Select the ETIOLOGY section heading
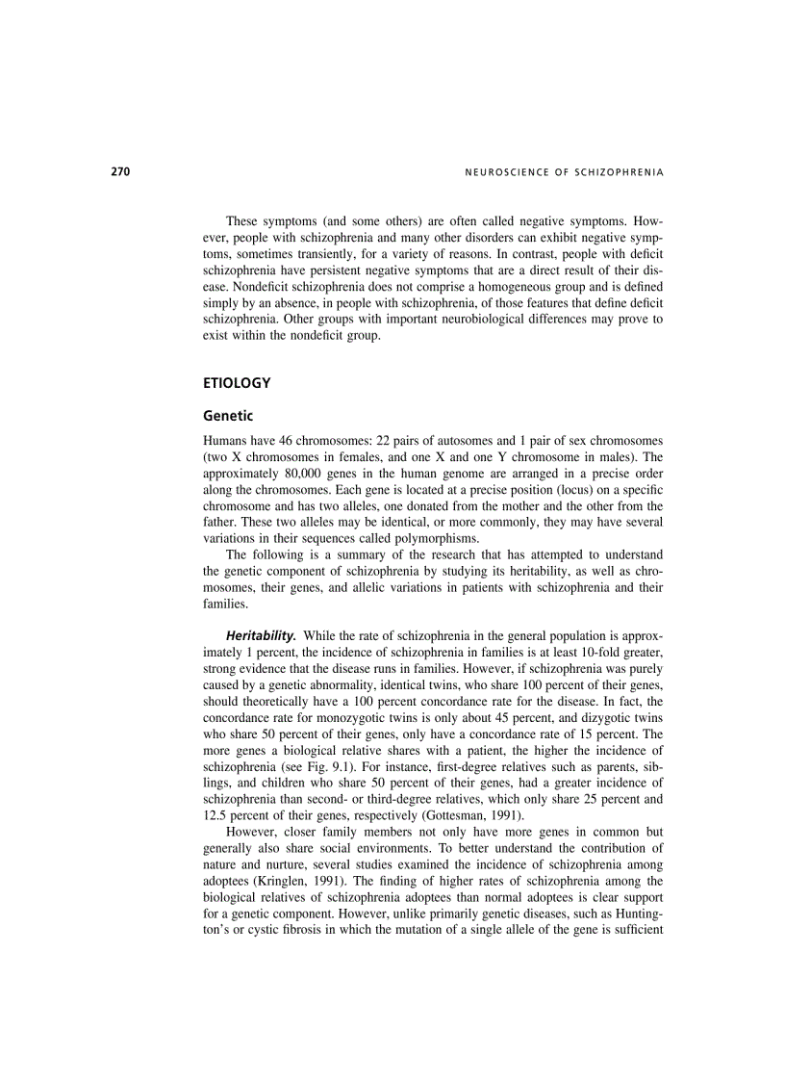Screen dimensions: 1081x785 pyautogui.click(x=237, y=383)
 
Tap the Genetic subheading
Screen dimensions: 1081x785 pyautogui.click(x=228, y=417)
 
